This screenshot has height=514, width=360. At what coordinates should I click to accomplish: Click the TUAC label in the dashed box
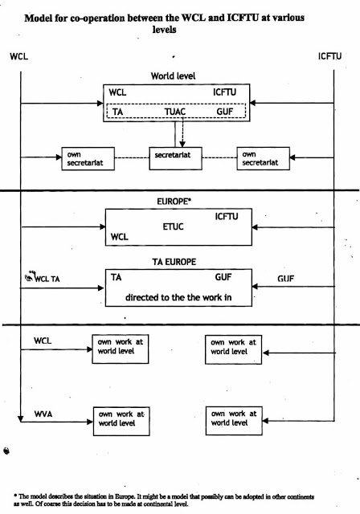(x=175, y=112)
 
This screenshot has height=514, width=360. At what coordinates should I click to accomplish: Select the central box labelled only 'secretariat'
(x=175, y=158)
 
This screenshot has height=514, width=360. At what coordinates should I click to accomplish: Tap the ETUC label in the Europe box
(x=173, y=226)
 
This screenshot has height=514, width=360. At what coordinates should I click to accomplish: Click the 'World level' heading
(x=173, y=76)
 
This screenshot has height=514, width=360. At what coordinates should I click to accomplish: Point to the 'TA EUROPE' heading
(x=174, y=262)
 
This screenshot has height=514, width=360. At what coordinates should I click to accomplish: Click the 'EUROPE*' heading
(x=174, y=202)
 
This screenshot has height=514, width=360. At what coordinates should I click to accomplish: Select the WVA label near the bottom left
(x=43, y=414)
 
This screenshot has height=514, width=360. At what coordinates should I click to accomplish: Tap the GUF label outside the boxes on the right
(x=285, y=279)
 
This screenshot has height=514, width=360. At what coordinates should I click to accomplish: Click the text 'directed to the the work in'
(x=178, y=297)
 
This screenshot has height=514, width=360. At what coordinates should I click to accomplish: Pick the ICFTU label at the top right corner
(x=329, y=56)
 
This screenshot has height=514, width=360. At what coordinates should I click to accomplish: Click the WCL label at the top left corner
(x=19, y=56)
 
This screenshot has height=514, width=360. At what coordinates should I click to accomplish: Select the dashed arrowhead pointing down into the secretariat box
(x=182, y=144)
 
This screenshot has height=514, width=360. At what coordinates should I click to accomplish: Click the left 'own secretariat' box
(x=88, y=159)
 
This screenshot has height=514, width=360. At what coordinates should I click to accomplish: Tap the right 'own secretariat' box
(x=264, y=159)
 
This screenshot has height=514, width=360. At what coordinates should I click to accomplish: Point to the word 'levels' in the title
(x=164, y=30)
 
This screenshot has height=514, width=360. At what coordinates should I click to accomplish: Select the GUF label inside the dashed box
(x=224, y=112)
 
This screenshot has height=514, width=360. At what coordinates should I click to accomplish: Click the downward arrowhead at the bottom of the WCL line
(x=21, y=418)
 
